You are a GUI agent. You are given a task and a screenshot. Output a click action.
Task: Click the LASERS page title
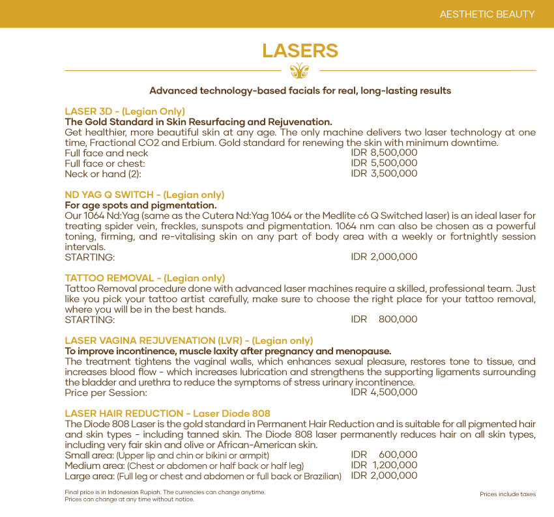300,51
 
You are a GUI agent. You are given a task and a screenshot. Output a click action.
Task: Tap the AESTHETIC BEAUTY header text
487,14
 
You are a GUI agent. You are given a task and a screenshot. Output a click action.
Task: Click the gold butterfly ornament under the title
300,70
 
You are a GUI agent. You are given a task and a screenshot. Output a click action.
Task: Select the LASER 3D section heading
124,111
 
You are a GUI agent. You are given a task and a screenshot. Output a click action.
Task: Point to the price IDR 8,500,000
384,153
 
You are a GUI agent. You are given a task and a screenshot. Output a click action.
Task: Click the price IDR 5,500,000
384,163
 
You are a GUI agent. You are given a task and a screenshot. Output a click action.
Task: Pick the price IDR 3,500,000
384,174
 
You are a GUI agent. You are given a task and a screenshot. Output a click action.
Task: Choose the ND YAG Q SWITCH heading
144,195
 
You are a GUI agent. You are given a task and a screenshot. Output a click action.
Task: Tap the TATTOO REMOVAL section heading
145,278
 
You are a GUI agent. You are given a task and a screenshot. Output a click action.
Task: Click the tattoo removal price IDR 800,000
384,320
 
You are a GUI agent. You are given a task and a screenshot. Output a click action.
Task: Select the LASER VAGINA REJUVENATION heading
188,341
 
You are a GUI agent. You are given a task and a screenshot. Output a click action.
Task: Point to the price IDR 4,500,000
384,392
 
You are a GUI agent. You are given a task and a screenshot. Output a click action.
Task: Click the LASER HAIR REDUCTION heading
167,413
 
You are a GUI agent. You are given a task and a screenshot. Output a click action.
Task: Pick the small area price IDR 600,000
384,455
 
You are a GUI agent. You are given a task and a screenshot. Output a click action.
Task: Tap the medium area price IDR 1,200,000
384,466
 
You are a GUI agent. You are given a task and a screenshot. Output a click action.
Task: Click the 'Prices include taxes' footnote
507,494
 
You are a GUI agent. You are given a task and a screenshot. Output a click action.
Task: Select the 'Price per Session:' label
106,393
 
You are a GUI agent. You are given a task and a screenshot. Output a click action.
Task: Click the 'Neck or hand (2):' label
102,174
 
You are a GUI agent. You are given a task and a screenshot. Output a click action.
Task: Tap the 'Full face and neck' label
106,153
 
